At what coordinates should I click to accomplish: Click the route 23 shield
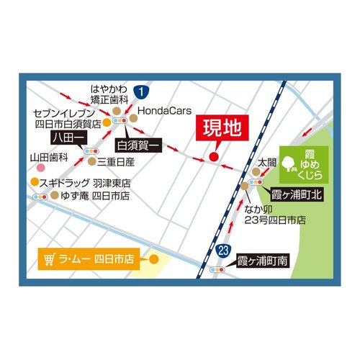(x=224, y=249)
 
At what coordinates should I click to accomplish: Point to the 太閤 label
(x=268, y=163)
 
